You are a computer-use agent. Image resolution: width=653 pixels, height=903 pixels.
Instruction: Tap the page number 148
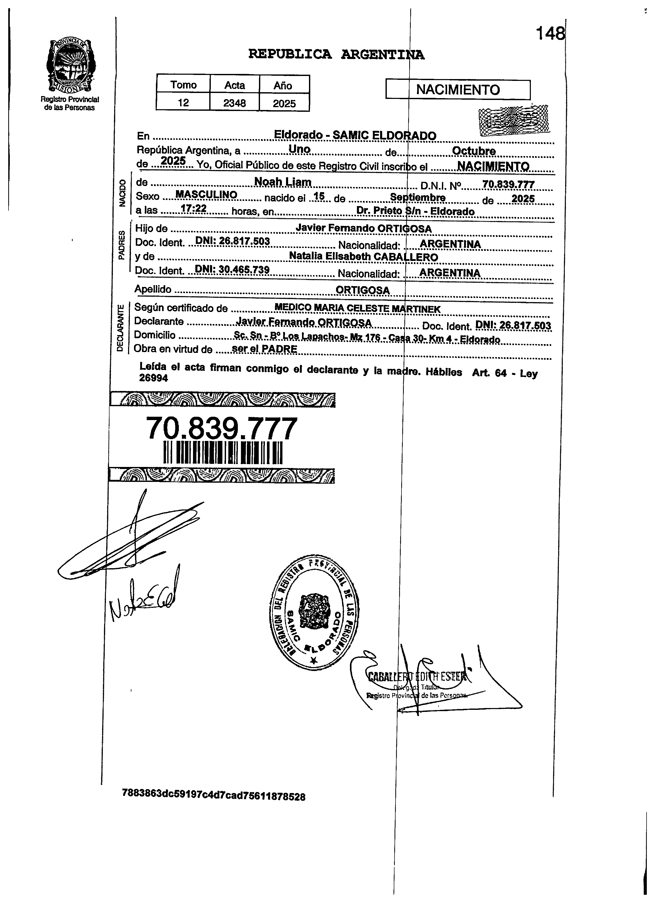click(550, 33)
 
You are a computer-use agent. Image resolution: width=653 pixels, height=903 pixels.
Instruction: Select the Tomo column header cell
click(183, 85)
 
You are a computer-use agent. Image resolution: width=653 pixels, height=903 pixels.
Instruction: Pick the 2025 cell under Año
click(284, 104)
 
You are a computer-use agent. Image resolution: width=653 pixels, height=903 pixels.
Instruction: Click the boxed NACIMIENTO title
click(458, 90)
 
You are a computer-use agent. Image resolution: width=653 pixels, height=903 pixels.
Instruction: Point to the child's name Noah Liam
click(282, 182)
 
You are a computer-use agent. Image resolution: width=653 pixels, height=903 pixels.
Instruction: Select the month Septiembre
click(417, 198)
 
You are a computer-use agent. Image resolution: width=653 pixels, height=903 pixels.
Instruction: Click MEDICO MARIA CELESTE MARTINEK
click(357, 308)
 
